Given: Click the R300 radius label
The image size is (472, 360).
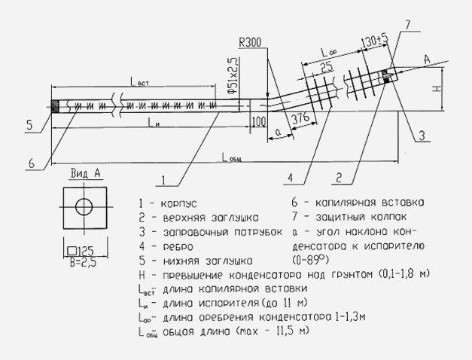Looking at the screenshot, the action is [250, 42].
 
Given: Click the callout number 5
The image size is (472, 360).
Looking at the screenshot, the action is [29, 125].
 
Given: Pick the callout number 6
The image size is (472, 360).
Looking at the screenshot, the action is [32, 163].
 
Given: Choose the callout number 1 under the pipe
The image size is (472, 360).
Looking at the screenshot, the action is [163, 180].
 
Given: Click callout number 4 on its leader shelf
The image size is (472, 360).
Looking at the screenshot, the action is [290, 178].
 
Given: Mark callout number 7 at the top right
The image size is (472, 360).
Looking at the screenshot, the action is [407, 25].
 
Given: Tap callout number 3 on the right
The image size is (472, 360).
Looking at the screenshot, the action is [422, 136].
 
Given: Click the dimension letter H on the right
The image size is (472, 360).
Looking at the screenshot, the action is [437, 88].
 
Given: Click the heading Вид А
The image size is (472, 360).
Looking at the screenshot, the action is [86, 173].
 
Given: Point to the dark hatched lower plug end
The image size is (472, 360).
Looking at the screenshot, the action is [55, 106].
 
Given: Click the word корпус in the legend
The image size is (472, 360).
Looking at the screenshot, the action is [179, 204].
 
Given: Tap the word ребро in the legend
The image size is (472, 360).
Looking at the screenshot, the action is [178, 247].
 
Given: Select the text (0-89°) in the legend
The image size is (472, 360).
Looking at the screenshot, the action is [310, 260].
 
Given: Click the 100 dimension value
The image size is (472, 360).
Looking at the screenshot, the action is [259, 122].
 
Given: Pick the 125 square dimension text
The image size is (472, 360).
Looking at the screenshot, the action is [81, 251].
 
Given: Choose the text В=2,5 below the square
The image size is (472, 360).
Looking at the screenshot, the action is [83, 263].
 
